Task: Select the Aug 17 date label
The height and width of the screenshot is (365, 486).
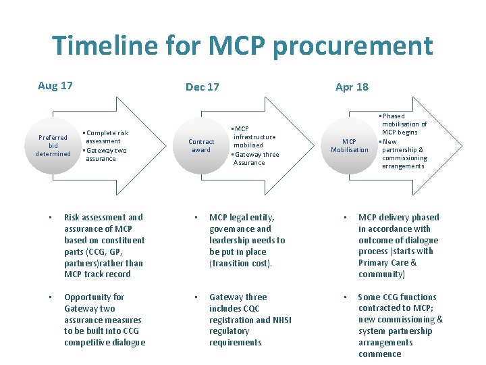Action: [x=55, y=86]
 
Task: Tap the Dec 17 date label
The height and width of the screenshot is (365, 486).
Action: [x=202, y=87]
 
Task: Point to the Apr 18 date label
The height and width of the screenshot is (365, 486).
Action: [x=352, y=87]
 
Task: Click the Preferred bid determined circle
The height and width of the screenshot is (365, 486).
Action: [x=53, y=145]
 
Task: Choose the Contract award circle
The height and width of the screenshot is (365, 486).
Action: [x=201, y=146]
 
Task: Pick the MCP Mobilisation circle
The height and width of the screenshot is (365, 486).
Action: [x=350, y=146]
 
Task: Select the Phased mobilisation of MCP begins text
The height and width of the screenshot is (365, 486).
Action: [x=404, y=124]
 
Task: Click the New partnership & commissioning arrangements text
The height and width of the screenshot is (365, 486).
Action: [x=404, y=154]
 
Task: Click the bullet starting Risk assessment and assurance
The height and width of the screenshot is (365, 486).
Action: [x=103, y=245]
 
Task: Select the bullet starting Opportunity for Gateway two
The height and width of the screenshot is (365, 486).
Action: [x=103, y=320]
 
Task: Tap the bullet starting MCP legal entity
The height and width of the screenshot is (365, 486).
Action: [x=248, y=240]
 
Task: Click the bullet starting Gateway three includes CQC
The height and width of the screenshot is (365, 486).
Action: [x=250, y=320]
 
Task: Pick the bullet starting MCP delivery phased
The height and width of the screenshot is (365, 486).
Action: [x=398, y=245]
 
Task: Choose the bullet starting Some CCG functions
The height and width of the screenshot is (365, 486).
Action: [x=400, y=325]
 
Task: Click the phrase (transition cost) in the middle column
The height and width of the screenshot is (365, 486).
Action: [x=240, y=263]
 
